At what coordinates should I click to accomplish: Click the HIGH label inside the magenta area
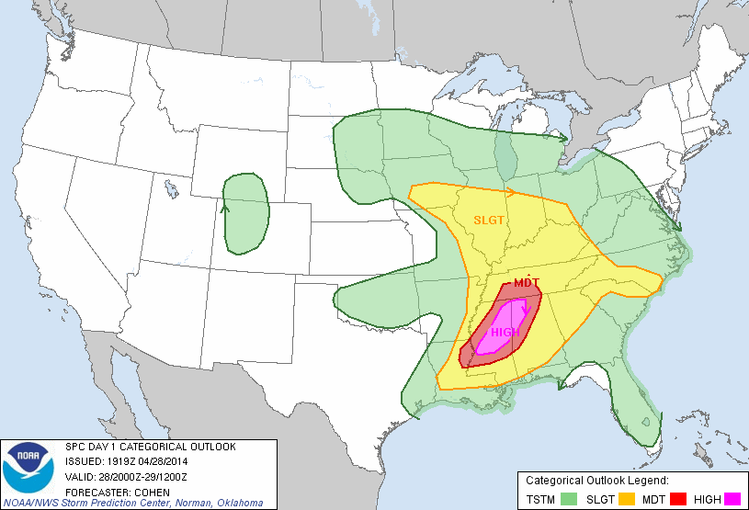pos(505,333)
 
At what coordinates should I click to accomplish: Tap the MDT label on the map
pos(527,282)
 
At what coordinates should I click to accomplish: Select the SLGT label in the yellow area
pos(489,220)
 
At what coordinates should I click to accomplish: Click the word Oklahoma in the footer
pos(240,503)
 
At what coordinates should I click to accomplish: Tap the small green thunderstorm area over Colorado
pos(245,213)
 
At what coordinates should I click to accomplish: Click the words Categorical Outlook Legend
pos(596,480)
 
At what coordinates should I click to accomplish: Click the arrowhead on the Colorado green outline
pos(225,208)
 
